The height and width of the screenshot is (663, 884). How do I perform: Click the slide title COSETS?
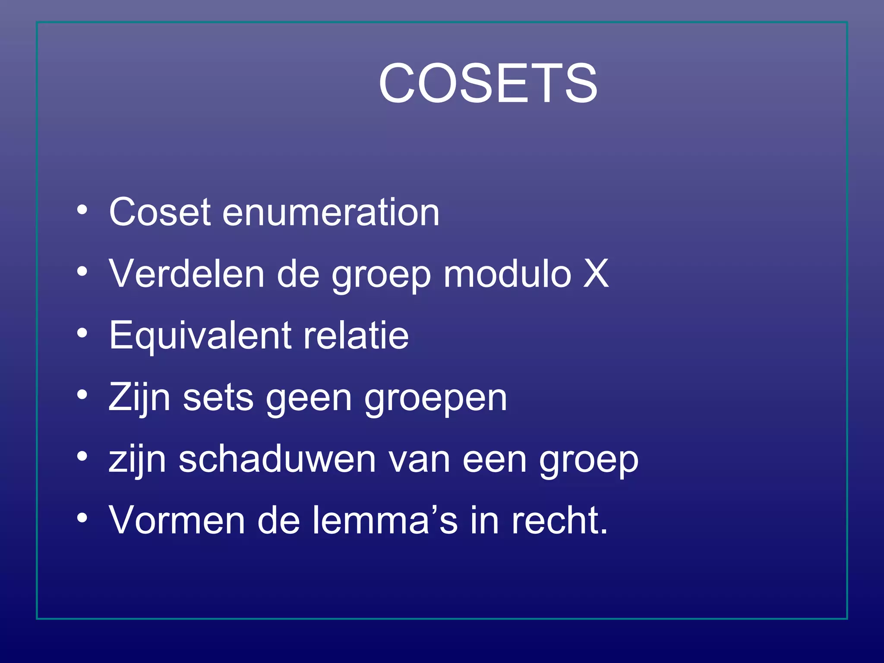(x=488, y=83)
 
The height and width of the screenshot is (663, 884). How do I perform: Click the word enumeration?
(x=331, y=212)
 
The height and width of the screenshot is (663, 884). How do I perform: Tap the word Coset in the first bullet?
(x=160, y=212)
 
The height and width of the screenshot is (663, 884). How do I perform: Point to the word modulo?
(x=507, y=274)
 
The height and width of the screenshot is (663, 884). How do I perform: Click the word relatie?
(x=356, y=335)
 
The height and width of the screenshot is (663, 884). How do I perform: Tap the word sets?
(x=218, y=398)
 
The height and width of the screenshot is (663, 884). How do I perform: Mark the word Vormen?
(x=177, y=521)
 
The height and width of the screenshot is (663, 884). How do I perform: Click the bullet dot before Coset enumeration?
(x=82, y=210)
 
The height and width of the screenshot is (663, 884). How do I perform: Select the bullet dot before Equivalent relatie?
(x=82, y=333)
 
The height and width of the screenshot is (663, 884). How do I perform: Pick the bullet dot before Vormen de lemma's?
(x=82, y=518)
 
